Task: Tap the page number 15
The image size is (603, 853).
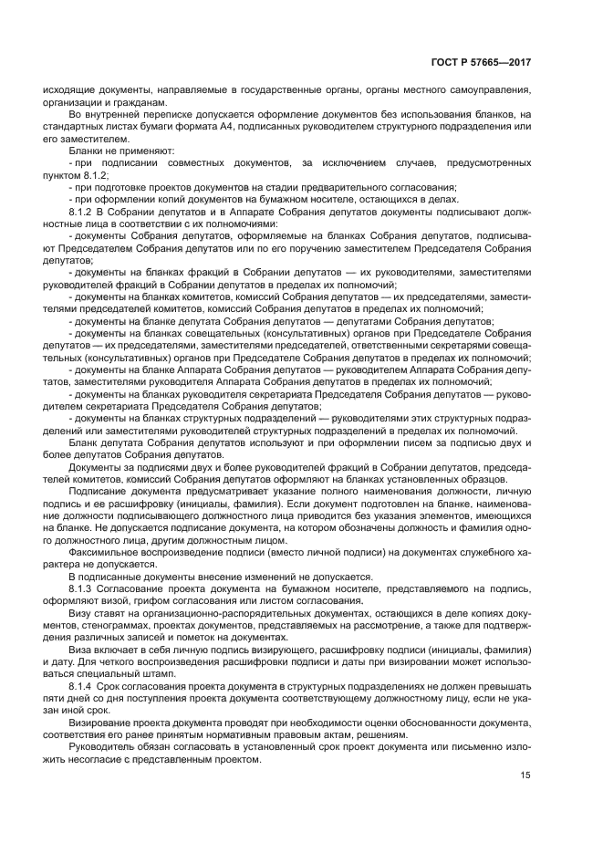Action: [525, 775]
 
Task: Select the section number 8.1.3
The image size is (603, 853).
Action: [82, 589]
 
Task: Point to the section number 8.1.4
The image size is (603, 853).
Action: [82, 683]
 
